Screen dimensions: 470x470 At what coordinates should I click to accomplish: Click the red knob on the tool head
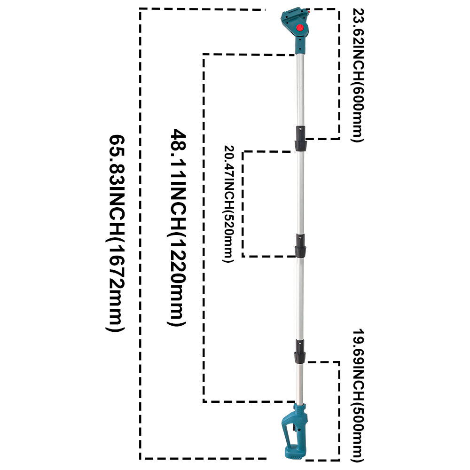click(299, 28)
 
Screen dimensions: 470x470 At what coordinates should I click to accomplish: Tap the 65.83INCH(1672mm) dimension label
click(116, 233)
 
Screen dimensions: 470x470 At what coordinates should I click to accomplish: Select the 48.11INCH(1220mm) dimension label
click(178, 227)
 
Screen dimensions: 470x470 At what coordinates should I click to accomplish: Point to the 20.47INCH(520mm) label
click(228, 204)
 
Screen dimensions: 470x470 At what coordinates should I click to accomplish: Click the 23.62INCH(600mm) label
click(358, 75)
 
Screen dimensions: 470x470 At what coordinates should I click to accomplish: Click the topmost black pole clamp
click(301, 139)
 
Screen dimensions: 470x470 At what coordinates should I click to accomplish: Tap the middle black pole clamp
click(300, 246)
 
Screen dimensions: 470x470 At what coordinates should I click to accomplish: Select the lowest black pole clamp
click(300, 352)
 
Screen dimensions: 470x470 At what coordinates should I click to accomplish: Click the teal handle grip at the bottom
click(294, 431)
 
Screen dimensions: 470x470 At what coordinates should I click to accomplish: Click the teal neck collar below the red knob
click(301, 45)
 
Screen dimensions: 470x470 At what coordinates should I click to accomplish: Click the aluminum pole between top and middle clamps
click(300, 192)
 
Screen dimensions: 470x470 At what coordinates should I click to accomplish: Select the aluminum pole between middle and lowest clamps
click(300, 298)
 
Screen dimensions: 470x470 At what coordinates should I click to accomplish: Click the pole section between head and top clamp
click(301, 90)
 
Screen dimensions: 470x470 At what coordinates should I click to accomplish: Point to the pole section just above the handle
click(299, 384)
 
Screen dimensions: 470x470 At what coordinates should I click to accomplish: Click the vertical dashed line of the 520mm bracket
click(243, 204)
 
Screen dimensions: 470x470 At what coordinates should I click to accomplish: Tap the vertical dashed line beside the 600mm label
click(339, 74)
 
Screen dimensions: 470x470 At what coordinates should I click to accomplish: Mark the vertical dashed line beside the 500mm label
click(339, 411)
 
